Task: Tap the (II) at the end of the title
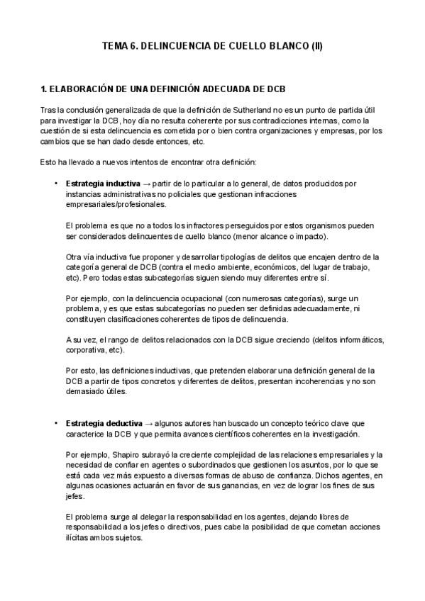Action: click(316, 45)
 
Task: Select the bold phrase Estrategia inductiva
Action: click(103, 184)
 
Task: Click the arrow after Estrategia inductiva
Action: click(148, 184)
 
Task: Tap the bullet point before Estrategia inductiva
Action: click(56, 184)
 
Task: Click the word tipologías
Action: click(226, 257)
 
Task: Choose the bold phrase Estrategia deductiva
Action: click(104, 423)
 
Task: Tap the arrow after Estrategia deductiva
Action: click(149, 423)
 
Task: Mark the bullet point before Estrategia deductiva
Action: click(56, 423)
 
